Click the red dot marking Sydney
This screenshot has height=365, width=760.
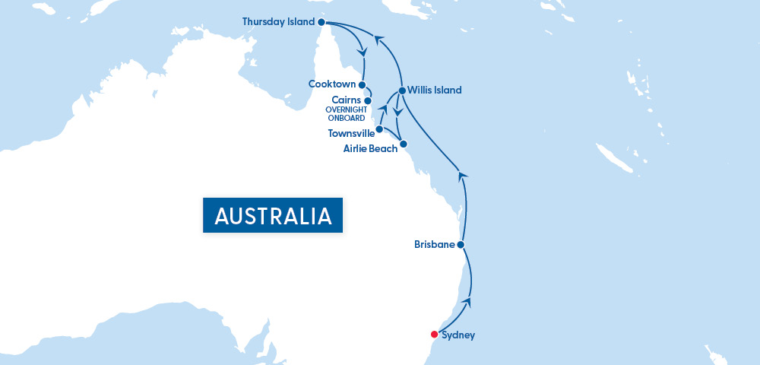coord(434,334)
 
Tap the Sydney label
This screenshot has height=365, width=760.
coord(458,335)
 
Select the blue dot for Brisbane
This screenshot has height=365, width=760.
coord(461,244)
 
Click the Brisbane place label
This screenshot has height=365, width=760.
coord(434,245)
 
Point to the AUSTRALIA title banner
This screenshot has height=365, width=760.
coord(273,215)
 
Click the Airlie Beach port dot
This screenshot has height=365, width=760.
coord(404,144)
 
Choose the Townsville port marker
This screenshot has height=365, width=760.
coord(379,129)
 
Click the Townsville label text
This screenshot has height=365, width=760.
coord(351,133)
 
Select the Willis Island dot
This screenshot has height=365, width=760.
coord(402,90)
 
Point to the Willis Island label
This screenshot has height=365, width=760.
coord(434,90)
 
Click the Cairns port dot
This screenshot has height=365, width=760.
coord(368,100)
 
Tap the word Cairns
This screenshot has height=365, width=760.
coord(347,100)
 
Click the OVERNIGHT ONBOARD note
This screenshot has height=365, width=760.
coord(345,113)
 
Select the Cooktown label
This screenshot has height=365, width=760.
coord(333,84)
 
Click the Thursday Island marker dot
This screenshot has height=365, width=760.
coord(321,22)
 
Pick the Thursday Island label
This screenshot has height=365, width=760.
coord(278,21)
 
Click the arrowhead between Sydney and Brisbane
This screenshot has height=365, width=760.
coord(467,302)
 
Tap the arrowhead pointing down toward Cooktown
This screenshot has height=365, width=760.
coord(363,52)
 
